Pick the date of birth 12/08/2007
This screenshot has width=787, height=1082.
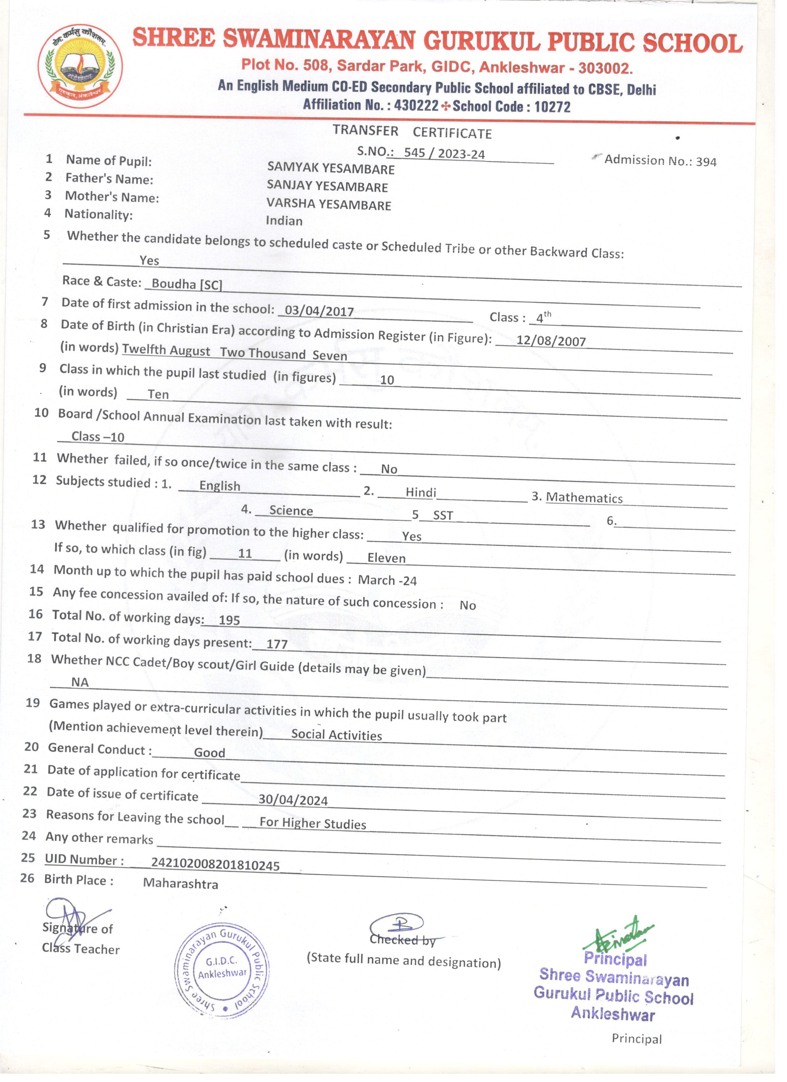click(551, 341)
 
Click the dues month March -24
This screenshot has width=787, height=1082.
click(387, 580)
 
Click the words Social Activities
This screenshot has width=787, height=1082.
click(336, 735)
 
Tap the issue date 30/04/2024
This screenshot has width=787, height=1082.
click(293, 800)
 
